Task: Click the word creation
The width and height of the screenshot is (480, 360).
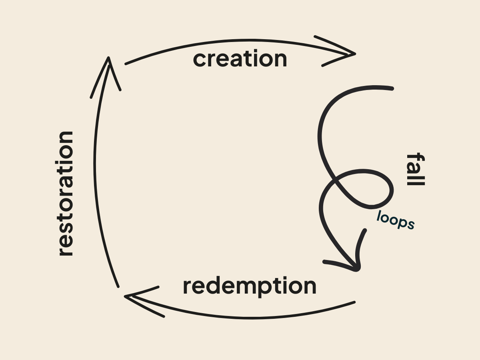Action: (240, 59)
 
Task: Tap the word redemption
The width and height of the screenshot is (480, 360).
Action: (249, 286)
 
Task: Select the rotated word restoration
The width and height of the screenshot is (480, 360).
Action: (66, 193)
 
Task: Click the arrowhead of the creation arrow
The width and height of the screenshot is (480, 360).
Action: (354, 54)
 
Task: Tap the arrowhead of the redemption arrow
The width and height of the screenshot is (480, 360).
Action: (126, 296)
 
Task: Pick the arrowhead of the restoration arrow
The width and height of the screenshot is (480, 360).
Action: (108, 59)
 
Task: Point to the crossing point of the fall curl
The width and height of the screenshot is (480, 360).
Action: (336, 183)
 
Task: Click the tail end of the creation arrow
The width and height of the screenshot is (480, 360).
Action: (126, 63)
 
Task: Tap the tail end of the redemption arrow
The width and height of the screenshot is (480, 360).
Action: (354, 302)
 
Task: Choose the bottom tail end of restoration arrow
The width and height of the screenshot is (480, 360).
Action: (118, 286)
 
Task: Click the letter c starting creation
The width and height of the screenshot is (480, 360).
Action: (200, 60)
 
